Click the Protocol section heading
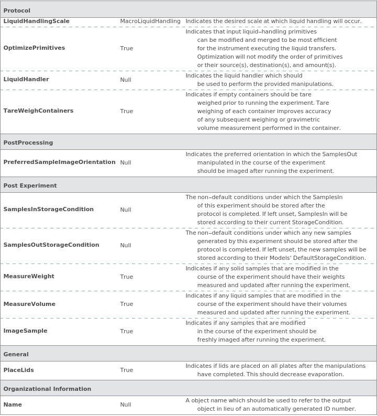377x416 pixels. (17, 10)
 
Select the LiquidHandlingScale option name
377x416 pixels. (36, 21)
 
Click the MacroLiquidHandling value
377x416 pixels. (150, 21)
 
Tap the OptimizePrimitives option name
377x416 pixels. (34, 48)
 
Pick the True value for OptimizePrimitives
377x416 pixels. (126, 48)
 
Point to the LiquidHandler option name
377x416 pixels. (26, 80)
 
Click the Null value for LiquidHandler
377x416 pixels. (126, 80)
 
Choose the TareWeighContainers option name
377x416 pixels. (38, 111)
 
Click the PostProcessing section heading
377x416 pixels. (28, 143)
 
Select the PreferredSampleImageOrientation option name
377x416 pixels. (59, 162)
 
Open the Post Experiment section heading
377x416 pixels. (30, 185)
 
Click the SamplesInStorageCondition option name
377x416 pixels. (48, 210)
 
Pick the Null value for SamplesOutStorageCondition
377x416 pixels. (126, 245)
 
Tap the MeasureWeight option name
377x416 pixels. (29, 277)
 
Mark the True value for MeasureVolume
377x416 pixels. (126, 304)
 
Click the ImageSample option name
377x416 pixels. (25, 331)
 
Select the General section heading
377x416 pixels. (16, 354)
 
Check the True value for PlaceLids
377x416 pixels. (126, 370)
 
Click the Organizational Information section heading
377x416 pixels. (47, 389)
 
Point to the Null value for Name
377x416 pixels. (126, 404)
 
